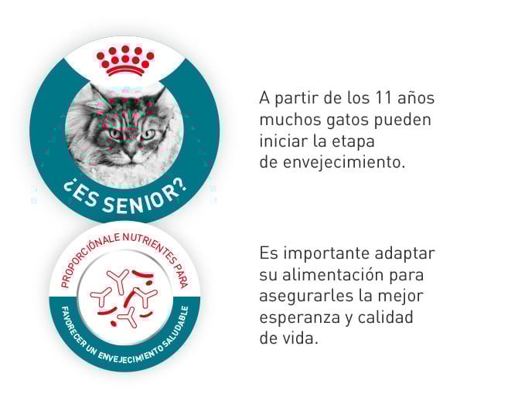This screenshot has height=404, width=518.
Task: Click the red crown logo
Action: [124, 61]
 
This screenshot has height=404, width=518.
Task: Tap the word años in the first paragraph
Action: [418, 99]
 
